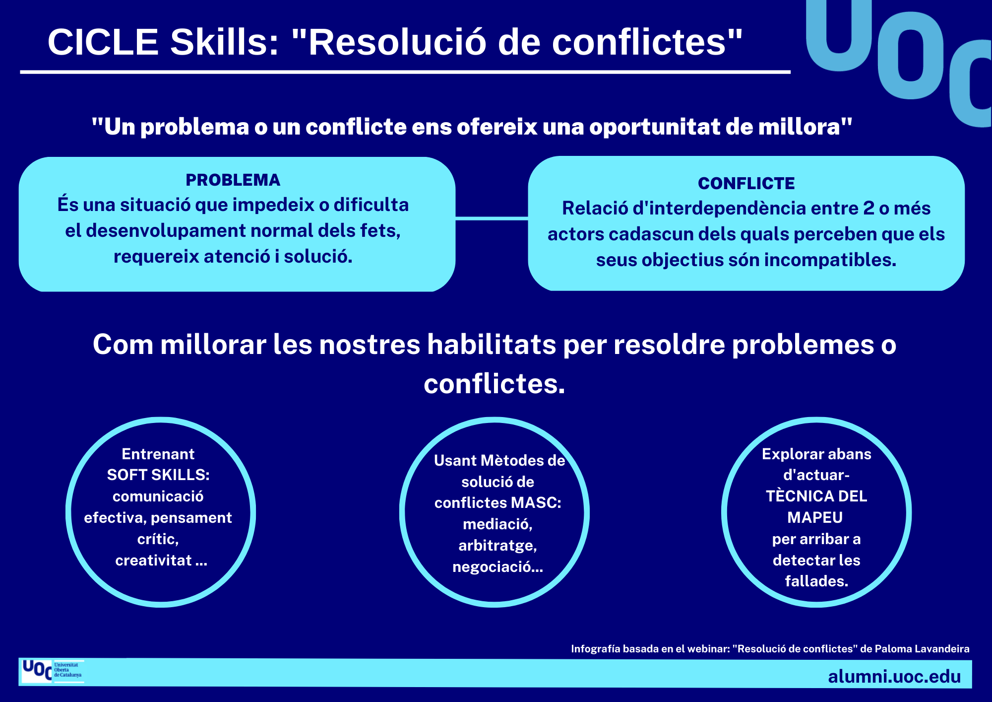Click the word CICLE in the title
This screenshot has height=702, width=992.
point(103,42)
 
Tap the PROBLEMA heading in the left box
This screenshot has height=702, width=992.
point(233,180)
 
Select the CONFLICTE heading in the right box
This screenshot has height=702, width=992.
point(746,183)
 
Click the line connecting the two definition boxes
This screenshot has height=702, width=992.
point(492,218)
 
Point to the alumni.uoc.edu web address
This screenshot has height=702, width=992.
point(894,676)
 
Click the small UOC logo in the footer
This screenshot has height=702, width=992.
point(52,671)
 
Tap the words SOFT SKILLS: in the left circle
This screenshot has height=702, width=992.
point(158,475)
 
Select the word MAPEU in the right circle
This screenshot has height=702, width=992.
point(815,517)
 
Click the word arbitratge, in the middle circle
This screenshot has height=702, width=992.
point(497,546)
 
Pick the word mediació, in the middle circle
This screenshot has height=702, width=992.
point(497,524)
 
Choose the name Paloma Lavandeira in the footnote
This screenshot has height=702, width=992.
point(922,649)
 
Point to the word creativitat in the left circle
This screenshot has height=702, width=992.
point(153,561)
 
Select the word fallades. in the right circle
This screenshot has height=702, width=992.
point(816,581)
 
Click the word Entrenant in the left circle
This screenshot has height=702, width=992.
point(158,454)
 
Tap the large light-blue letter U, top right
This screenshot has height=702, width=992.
point(839,35)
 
